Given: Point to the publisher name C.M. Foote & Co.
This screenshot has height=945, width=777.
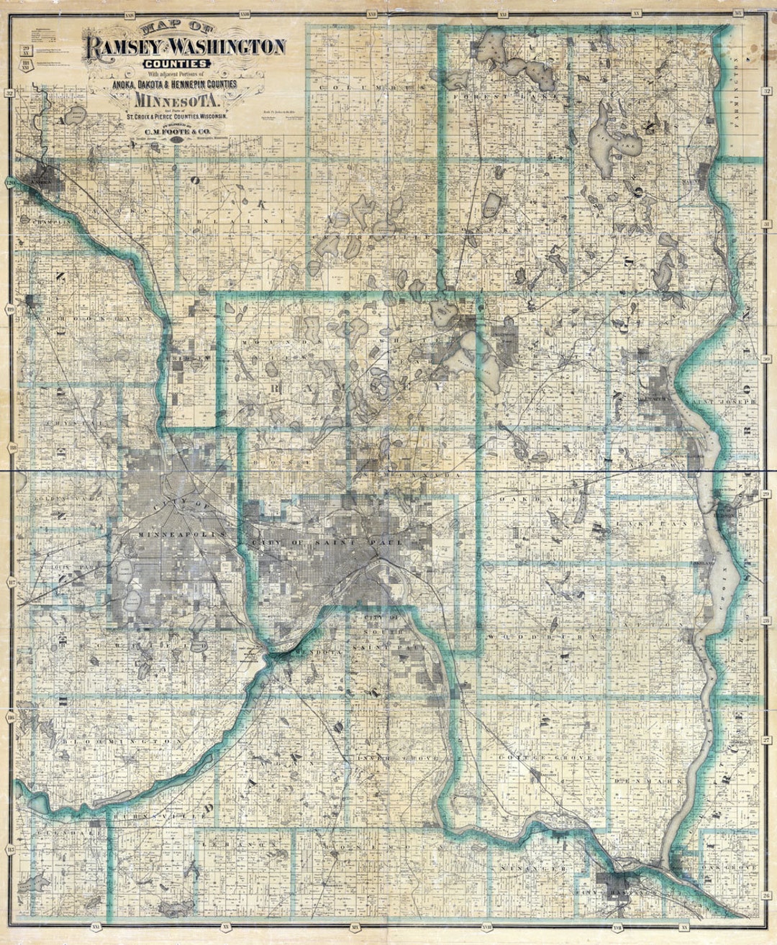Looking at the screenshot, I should click(x=177, y=132).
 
